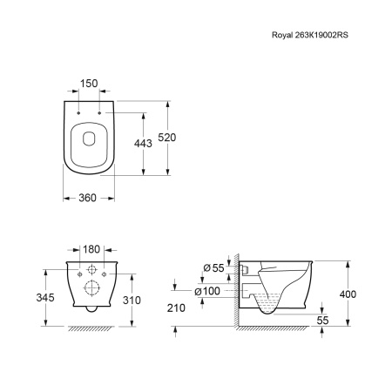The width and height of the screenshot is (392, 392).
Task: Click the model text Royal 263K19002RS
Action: pyautogui.click(x=310, y=35)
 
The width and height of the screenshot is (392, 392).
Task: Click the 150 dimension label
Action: pyautogui.click(x=89, y=84)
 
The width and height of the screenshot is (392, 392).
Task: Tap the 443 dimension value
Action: pyautogui.click(x=143, y=144)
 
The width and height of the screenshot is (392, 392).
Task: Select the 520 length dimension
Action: pyautogui.click(x=167, y=138)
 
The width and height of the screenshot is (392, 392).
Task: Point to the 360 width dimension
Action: pyautogui.click(x=87, y=198)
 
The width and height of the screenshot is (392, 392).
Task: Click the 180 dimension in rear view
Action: pyautogui.click(x=91, y=249)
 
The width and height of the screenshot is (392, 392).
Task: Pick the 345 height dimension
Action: pyautogui.click(x=45, y=298)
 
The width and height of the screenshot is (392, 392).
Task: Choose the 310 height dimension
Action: pyautogui.click(x=132, y=301)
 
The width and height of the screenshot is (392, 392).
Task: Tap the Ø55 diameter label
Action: pyautogui.click(x=213, y=268)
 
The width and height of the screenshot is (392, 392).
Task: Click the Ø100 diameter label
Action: pyautogui.click(x=207, y=291)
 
